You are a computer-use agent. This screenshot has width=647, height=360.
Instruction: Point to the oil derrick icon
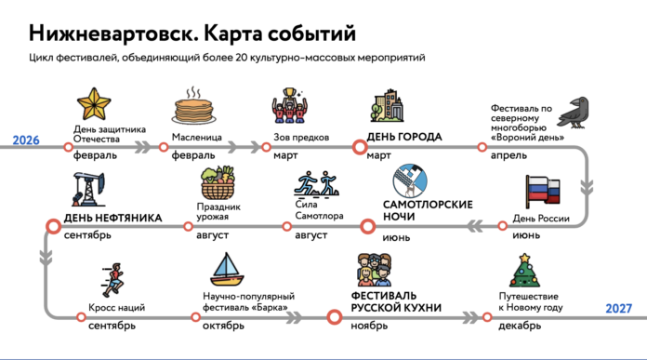pos(87,191)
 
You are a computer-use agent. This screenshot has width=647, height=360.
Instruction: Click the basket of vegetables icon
pos(216,183)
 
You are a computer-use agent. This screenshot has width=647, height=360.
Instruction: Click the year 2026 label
pos(26,140)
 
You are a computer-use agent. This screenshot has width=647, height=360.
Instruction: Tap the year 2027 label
pos(619,309)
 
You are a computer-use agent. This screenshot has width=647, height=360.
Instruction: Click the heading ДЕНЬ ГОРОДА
pos(403,138)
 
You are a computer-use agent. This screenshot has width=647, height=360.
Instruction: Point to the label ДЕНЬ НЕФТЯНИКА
pos(112,219)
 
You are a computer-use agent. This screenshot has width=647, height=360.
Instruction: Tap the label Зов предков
pos(296,137)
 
